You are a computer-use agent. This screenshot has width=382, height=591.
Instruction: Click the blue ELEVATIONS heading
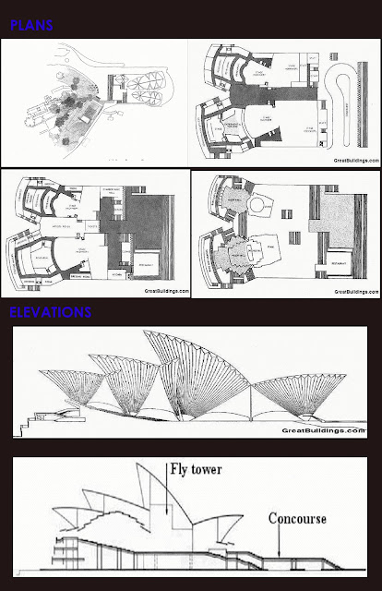51,312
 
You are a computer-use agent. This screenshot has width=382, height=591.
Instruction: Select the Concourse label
297,520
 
